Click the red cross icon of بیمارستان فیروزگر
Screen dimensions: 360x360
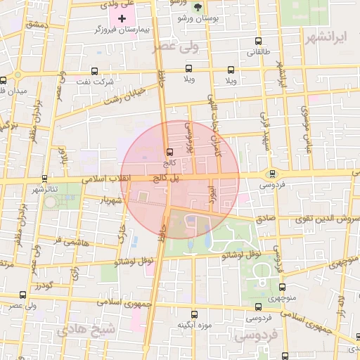(123, 17)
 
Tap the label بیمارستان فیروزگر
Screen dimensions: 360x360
(126, 32)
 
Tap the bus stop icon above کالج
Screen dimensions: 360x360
(169, 152)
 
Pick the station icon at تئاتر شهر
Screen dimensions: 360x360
(45, 179)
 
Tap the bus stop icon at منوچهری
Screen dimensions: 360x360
(282, 287)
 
